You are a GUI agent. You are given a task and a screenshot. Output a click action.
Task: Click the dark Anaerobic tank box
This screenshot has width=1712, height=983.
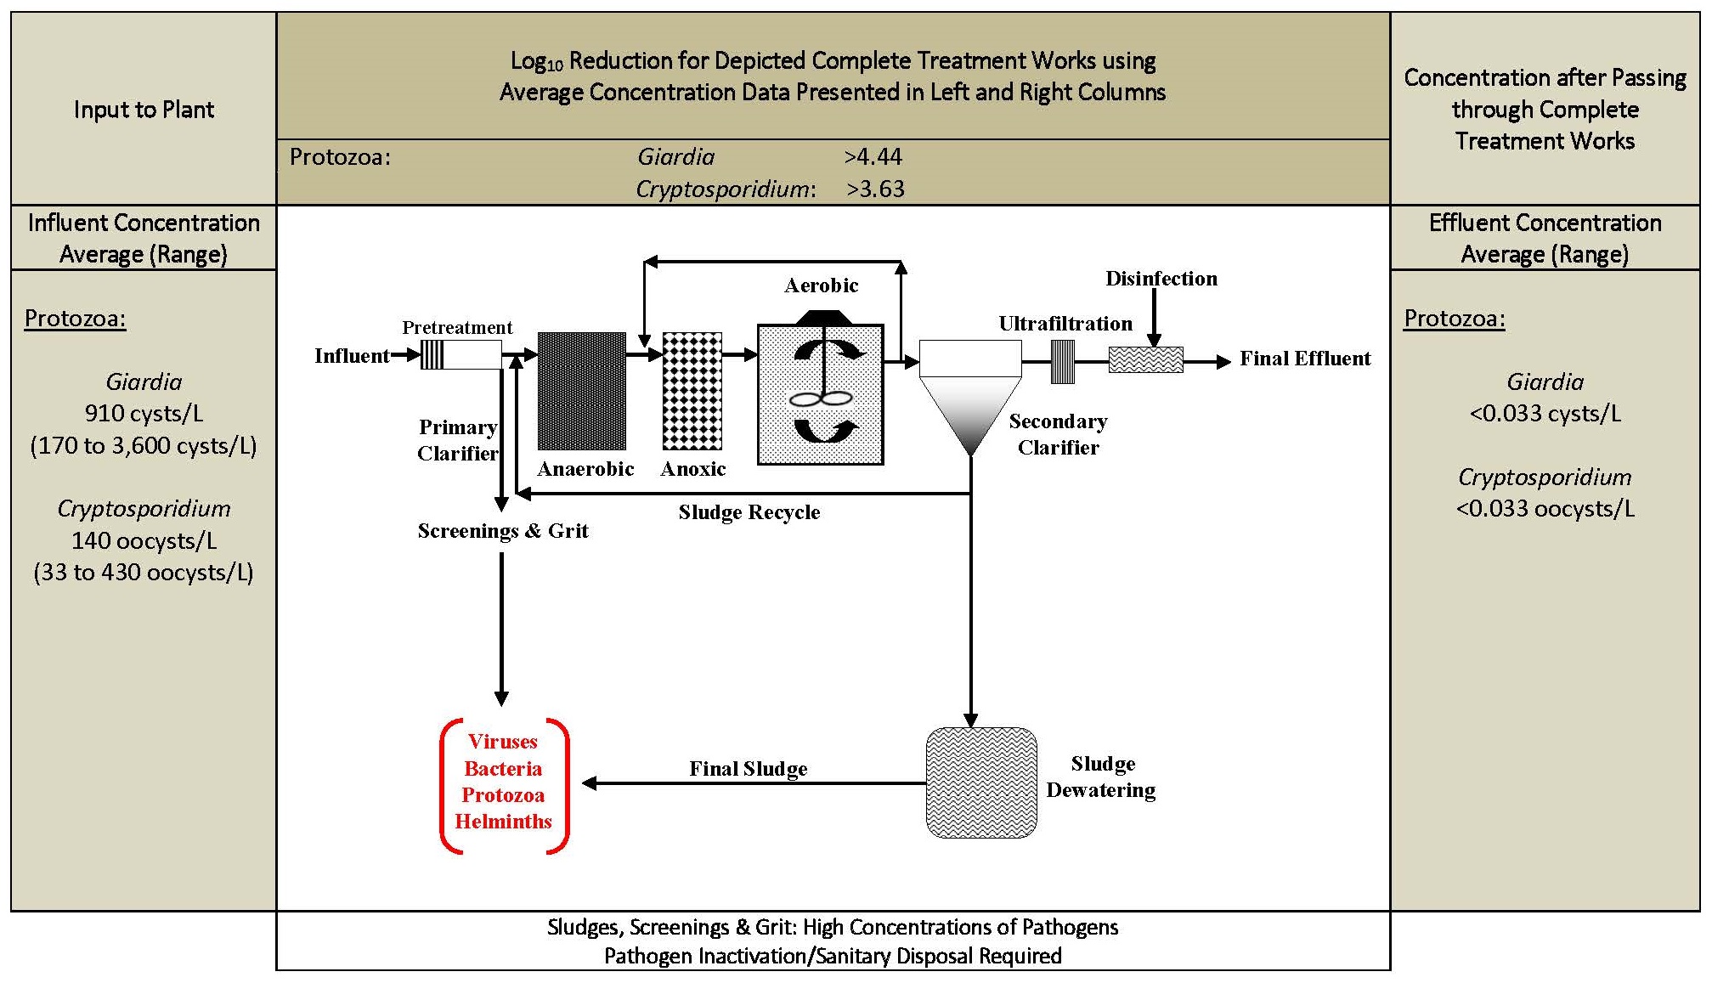coord(582,391)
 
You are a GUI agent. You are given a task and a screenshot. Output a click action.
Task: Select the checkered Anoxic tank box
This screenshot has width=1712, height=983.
coord(692,391)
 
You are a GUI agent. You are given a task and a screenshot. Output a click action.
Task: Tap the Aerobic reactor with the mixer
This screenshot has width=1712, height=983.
coord(821,394)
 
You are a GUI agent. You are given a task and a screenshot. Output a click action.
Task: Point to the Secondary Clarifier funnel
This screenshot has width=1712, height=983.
coord(970,398)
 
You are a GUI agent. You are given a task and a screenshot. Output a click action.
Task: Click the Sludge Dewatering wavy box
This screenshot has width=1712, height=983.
coord(981,783)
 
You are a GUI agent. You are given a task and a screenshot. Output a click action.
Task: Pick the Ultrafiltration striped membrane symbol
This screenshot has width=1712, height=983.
coord(1063,362)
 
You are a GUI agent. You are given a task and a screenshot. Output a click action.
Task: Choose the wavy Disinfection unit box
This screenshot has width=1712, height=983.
coord(1146,360)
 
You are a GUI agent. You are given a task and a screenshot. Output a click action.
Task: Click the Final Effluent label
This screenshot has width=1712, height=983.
coord(1305,359)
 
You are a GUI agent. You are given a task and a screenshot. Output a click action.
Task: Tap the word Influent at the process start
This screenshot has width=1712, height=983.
coord(352,356)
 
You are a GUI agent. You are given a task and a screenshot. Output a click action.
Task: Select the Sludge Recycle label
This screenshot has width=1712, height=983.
coord(749,512)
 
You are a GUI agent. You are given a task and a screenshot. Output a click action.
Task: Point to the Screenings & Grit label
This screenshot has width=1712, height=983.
coord(503,531)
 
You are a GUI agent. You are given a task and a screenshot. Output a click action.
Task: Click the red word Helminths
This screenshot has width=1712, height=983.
coord(503,822)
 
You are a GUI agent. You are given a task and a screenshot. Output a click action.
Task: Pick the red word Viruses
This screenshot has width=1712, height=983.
coord(503,742)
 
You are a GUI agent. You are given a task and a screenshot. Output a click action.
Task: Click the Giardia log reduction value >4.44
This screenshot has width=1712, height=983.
coord(873,157)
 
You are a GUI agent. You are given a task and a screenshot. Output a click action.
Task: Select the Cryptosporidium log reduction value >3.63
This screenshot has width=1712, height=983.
coord(875,189)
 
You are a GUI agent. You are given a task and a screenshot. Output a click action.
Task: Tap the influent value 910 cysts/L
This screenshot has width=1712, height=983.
coord(144,414)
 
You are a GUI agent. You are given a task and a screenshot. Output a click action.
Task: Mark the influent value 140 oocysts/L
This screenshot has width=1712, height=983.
coord(144,541)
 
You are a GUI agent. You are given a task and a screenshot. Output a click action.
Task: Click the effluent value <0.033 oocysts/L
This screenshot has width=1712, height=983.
coord(1545,509)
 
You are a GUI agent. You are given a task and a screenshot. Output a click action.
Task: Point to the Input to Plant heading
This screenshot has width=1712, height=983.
coord(144,110)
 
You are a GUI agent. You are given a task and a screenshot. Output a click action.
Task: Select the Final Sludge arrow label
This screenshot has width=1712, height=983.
coord(749,769)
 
